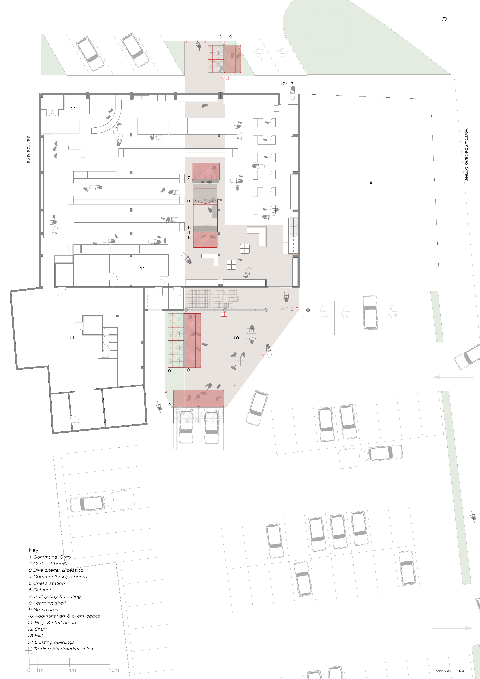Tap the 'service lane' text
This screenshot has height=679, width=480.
[28, 150]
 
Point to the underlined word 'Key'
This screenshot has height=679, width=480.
[33, 550]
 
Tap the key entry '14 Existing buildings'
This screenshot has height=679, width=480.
[51, 642]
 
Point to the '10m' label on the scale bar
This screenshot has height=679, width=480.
[114, 670]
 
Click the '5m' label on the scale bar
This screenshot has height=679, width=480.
[72, 670]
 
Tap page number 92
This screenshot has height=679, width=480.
[461, 671]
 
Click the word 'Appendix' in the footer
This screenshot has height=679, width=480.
[443, 671]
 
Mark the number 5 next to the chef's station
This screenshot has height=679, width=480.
[189, 201]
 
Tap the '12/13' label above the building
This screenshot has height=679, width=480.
[287, 84]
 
